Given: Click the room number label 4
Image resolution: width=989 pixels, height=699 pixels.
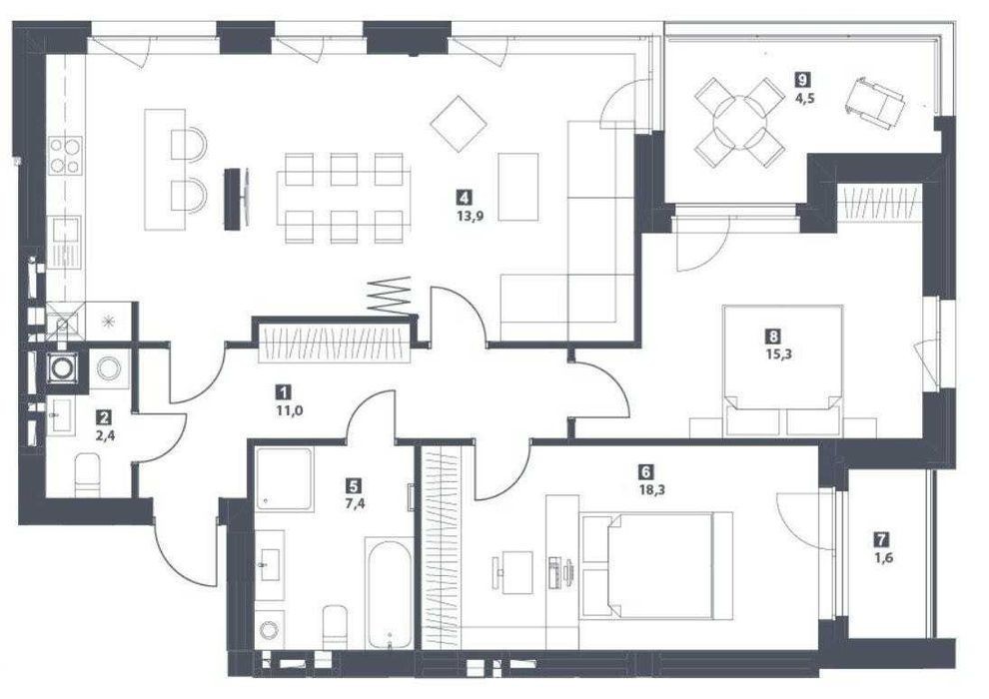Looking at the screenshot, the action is pos(465,199).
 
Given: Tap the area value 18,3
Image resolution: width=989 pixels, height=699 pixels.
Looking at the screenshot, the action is pos(646,486).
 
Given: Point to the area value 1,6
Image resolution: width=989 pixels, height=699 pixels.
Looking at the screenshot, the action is pos(884,557).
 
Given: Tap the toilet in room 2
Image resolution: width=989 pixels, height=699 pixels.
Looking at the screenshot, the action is pos(88,476).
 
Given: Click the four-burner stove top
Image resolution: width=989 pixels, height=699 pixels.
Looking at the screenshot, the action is pos(66,155).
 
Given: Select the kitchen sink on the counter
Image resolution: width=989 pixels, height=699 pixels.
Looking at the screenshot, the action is pos(66,244).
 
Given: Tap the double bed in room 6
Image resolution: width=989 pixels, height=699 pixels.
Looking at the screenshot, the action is pos(656,565).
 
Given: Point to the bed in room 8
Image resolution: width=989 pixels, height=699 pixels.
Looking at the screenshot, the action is pos(783,370).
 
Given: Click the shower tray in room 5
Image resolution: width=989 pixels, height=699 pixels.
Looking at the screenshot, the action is pos(284,479).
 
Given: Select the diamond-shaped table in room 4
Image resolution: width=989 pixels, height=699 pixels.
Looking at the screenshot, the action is pos(459,124).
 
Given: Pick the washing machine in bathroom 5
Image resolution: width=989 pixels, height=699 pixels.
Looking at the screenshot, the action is pos(270,630).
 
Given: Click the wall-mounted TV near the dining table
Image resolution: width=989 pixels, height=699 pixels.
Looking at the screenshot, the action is pos(234,198).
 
